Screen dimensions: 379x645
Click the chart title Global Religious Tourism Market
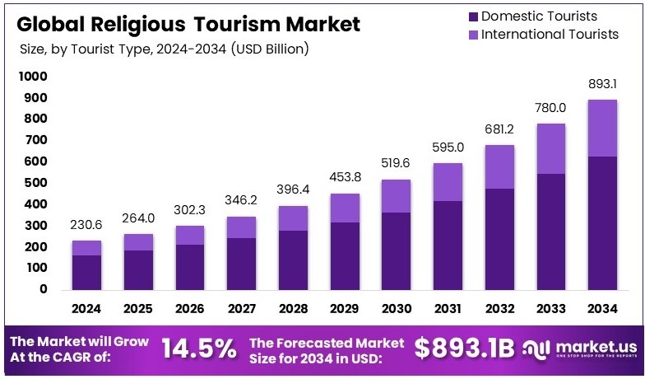(x=188, y=24)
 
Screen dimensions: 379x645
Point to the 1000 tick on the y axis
(x=34, y=77)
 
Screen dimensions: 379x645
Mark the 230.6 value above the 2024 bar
(x=86, y=224)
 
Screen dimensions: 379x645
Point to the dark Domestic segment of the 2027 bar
(x=242, y=264)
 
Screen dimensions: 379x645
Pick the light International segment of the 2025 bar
(x=138, y=241)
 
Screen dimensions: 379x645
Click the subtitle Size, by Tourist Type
(x=165, y=49)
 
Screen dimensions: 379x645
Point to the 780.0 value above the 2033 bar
(x=551, y=107)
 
